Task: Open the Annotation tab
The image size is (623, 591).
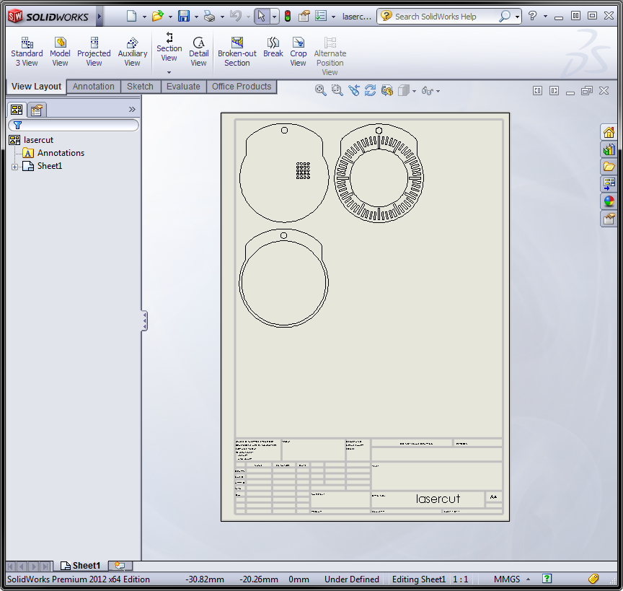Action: pos(93,87)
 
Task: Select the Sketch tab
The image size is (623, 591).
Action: pos(140,87)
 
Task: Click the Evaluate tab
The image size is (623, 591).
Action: pos(183,87)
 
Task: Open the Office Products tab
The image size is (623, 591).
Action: pos(241,87)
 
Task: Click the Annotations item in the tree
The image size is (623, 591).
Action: pos(61,153)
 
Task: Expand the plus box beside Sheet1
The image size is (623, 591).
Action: pos(14,167)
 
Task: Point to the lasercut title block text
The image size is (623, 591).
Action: pos(438,499)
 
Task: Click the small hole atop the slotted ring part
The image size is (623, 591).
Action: pos(379,131)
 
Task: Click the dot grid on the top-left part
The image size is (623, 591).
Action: pos(303,170)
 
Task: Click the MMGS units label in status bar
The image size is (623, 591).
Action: pos(507,579)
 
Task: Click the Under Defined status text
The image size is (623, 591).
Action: pos(351,579)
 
